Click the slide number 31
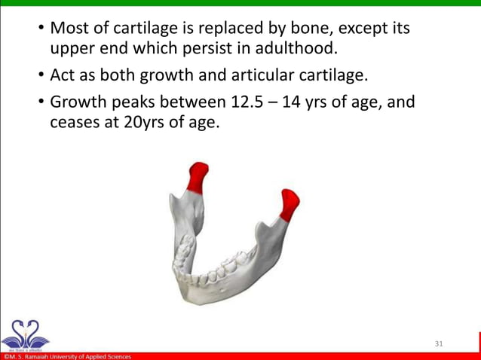coord(440,343)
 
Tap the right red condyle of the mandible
coord(289,203)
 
